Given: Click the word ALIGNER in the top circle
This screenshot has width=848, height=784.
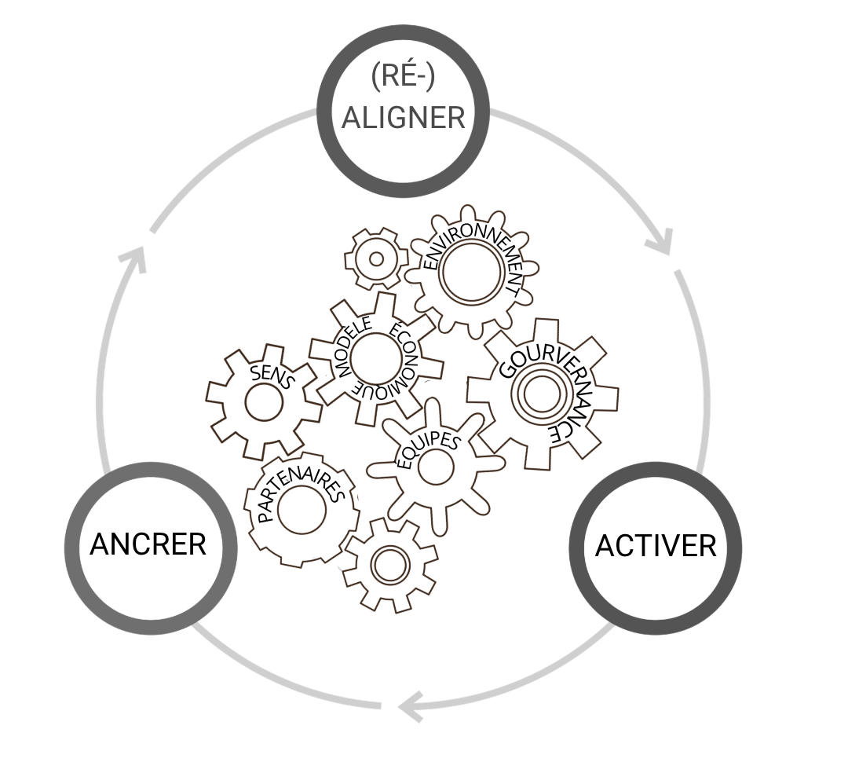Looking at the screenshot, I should [404, 118].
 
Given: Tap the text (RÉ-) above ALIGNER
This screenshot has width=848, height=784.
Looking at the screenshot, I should [404, 78].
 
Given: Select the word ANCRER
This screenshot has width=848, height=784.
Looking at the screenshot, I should [148, 544].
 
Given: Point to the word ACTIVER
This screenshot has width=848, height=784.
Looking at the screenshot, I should [656, 545].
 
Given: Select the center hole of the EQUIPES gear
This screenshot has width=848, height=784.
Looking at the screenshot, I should [436, 467].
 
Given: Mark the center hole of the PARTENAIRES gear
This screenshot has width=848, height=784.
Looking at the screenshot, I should [302, 511].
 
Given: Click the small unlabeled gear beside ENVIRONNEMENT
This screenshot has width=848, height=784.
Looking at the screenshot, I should [376, 258].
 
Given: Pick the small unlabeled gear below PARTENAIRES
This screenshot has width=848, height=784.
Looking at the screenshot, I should [387, 564].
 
